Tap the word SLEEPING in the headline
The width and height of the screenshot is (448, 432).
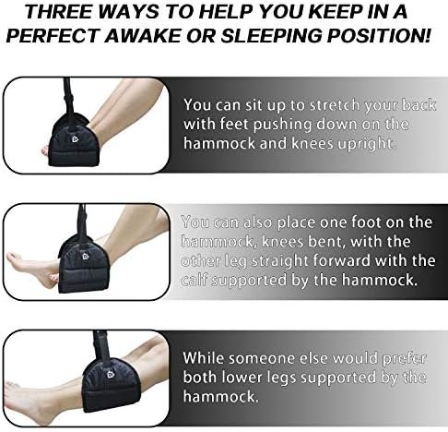(271, 36)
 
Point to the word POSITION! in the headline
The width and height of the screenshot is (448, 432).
(379, 36)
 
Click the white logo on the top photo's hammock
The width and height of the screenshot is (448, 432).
(76, 139)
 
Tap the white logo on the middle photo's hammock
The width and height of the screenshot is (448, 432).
(86, 256)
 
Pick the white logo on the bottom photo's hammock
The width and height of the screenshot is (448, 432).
(111, 374)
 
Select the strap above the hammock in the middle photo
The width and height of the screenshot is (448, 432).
(82, 220)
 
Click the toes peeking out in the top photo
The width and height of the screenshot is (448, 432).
(45, 150)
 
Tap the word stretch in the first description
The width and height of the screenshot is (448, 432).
(335, 105)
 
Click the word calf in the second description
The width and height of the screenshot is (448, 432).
(195, 280)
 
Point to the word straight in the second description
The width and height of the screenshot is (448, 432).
(281, 261)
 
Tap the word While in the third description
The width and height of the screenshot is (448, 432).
(203, 358)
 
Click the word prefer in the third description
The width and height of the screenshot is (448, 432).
(405, 359)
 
